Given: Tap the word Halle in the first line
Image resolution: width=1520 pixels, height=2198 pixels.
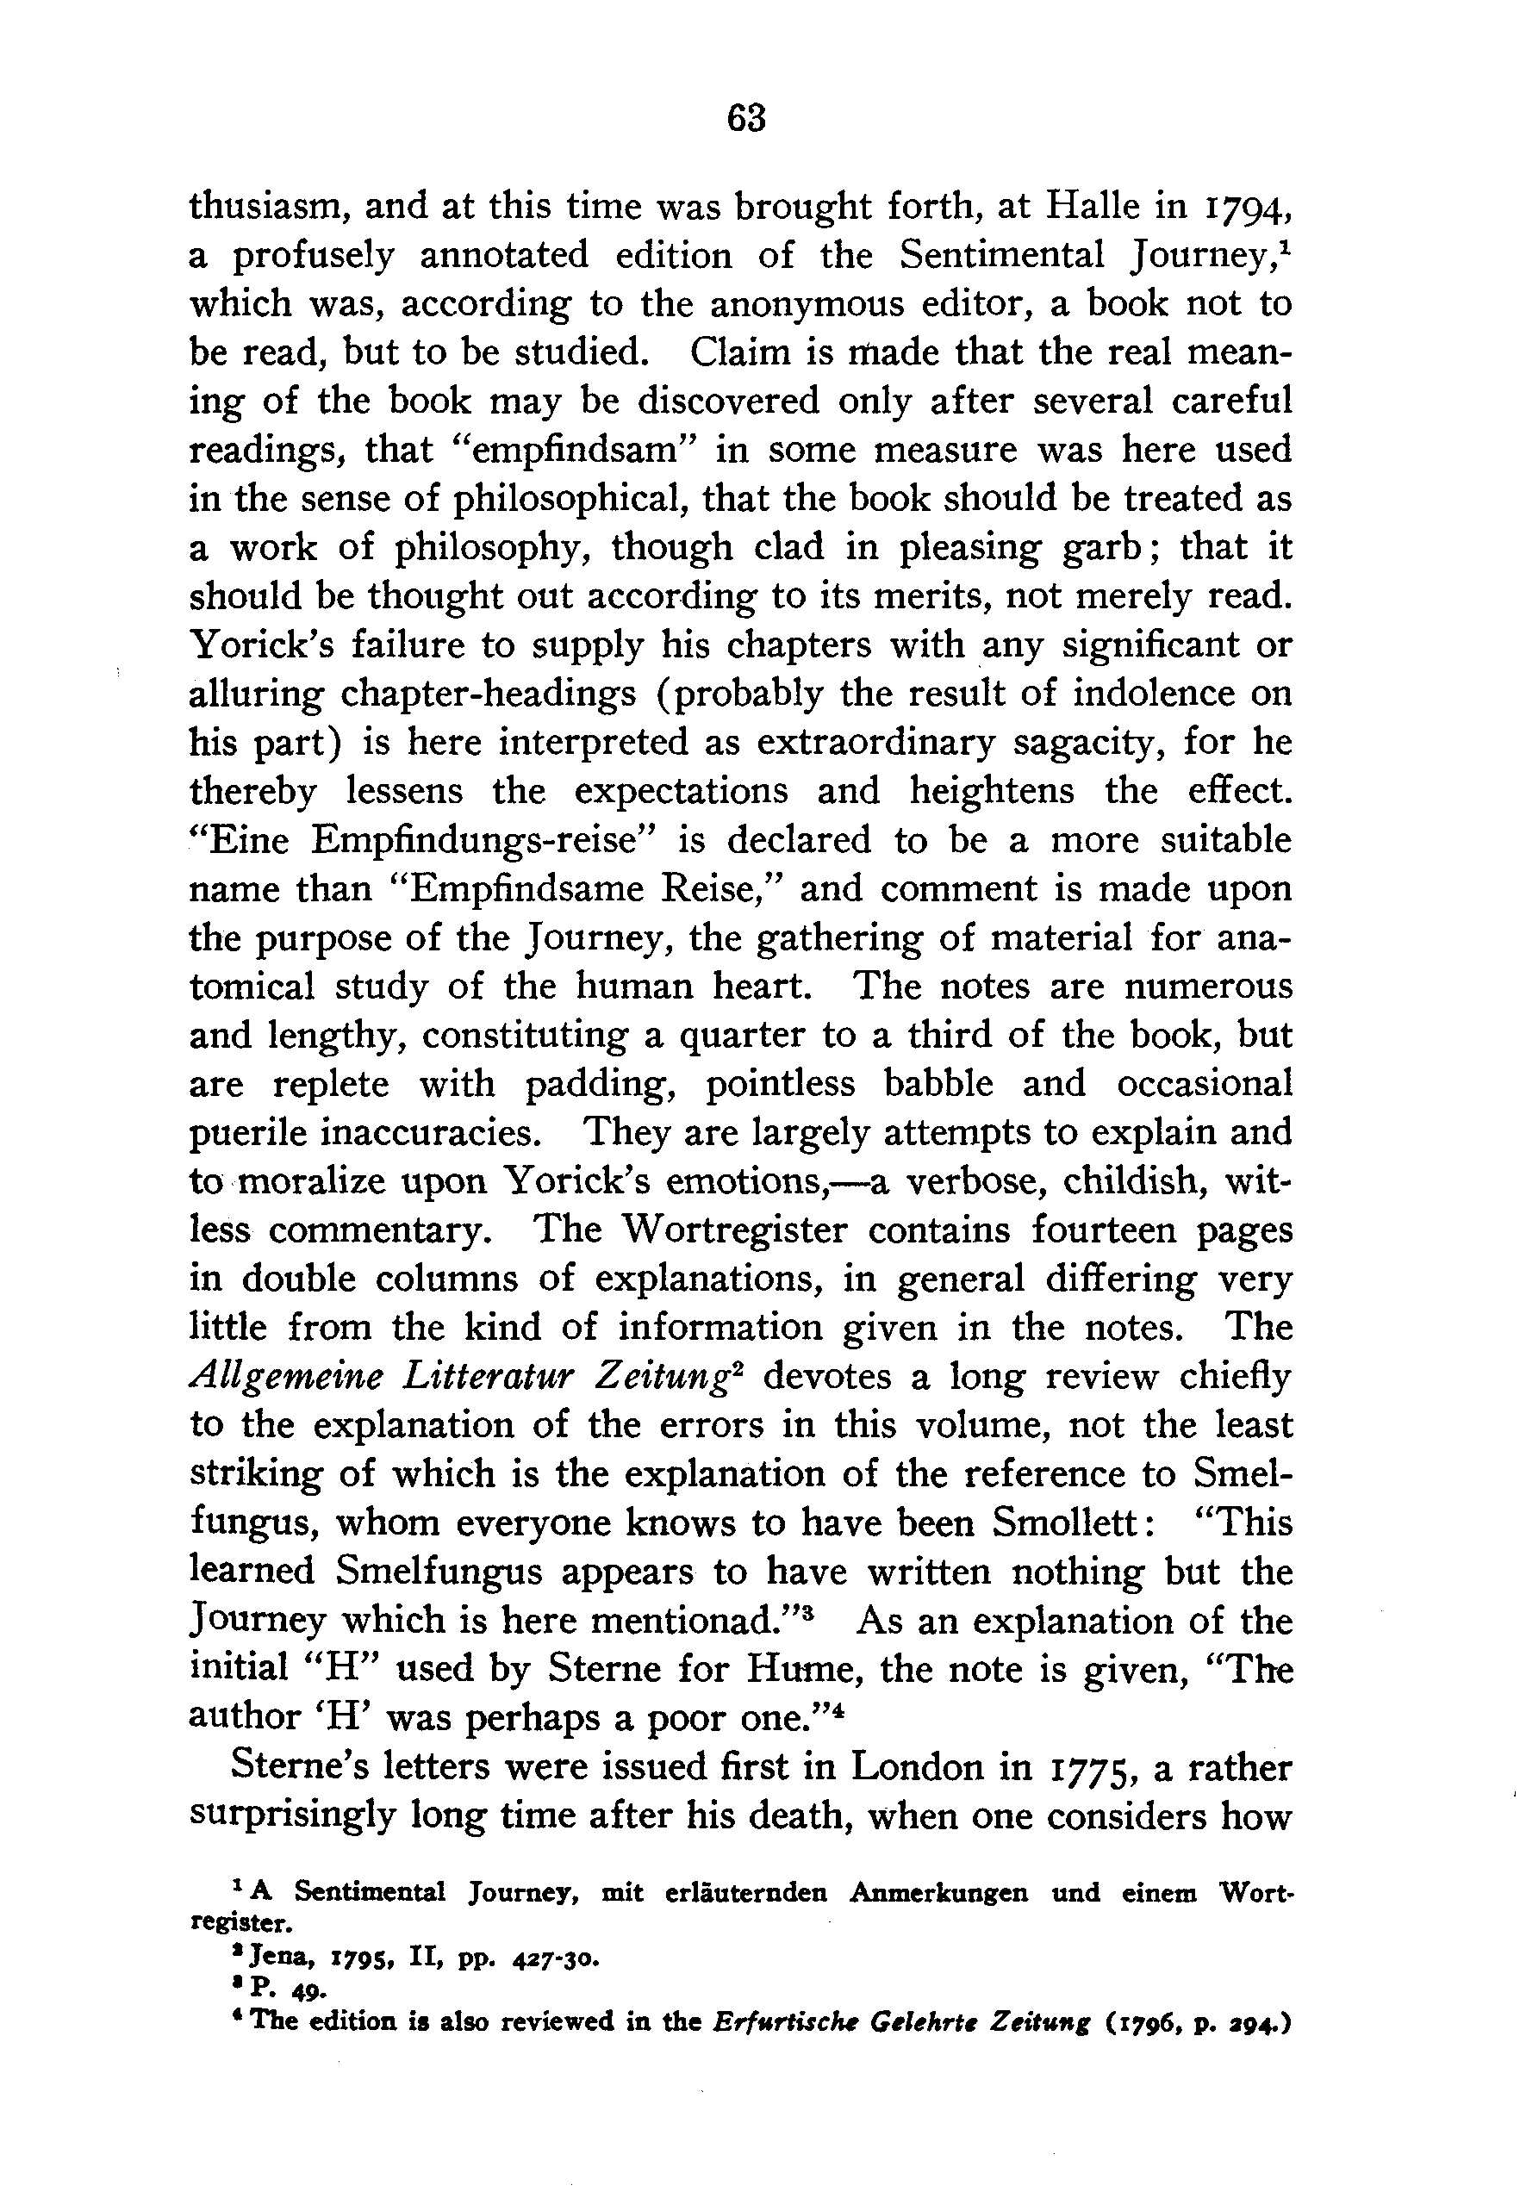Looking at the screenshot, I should [x=1104, y=206].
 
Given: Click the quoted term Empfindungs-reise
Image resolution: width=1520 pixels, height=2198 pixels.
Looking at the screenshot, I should [x=482, y=841].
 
